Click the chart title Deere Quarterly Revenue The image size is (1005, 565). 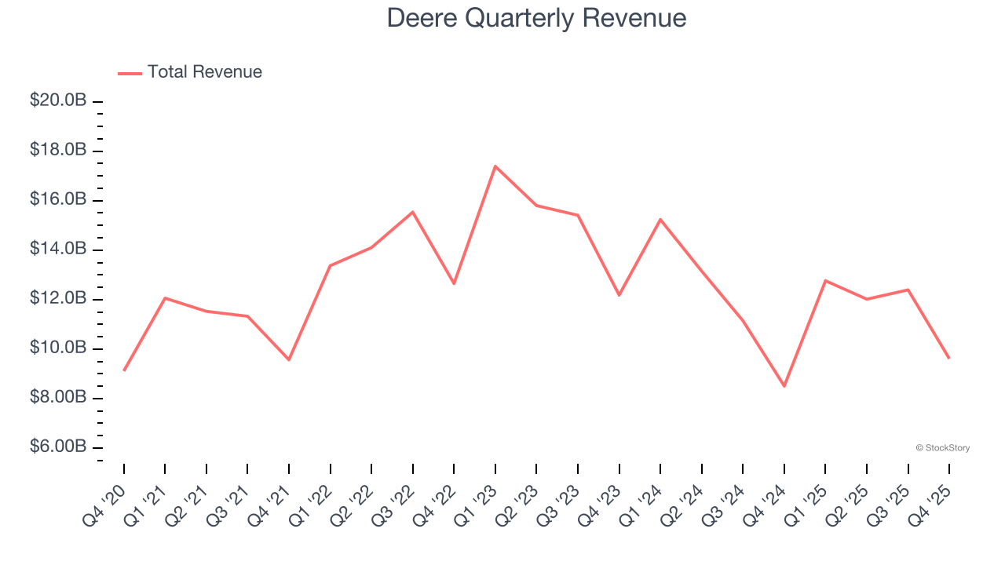pos(536,18)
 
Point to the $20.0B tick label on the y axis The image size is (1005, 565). pos(58,100)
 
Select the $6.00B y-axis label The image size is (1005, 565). pos(58,447)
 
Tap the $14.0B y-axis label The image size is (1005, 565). pos(58,249)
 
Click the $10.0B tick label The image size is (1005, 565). pos(58,348)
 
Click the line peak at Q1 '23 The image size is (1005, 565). pos(495,166)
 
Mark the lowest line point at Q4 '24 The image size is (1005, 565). pos(784,385)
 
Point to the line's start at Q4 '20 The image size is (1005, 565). pos(124,370)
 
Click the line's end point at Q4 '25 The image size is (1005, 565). pos(949,358)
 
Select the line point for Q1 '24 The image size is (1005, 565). pos(660,220)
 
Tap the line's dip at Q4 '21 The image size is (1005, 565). pos(289,359)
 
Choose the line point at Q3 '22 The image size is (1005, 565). pos(413,212)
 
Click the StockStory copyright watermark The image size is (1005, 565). pos(942,448)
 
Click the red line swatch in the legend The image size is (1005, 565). pos(130,73)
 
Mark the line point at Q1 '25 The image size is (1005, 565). pos(825,280)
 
